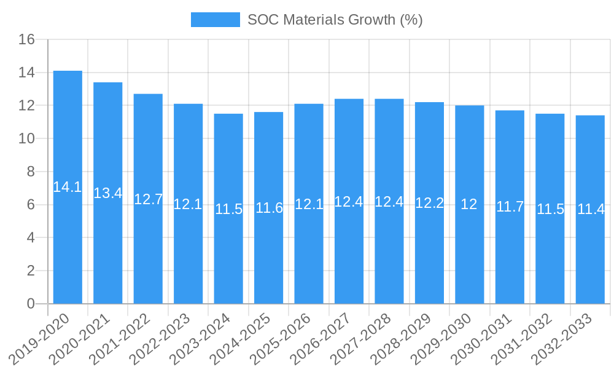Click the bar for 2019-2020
68,246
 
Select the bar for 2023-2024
228,258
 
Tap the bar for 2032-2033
590,258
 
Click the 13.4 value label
108,193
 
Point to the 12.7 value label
148,199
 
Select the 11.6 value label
269,208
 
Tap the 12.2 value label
429,203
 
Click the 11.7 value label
510,207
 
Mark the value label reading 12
469,205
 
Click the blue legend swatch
215,20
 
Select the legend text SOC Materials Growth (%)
335,20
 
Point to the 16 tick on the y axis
26,40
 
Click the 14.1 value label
68,188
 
